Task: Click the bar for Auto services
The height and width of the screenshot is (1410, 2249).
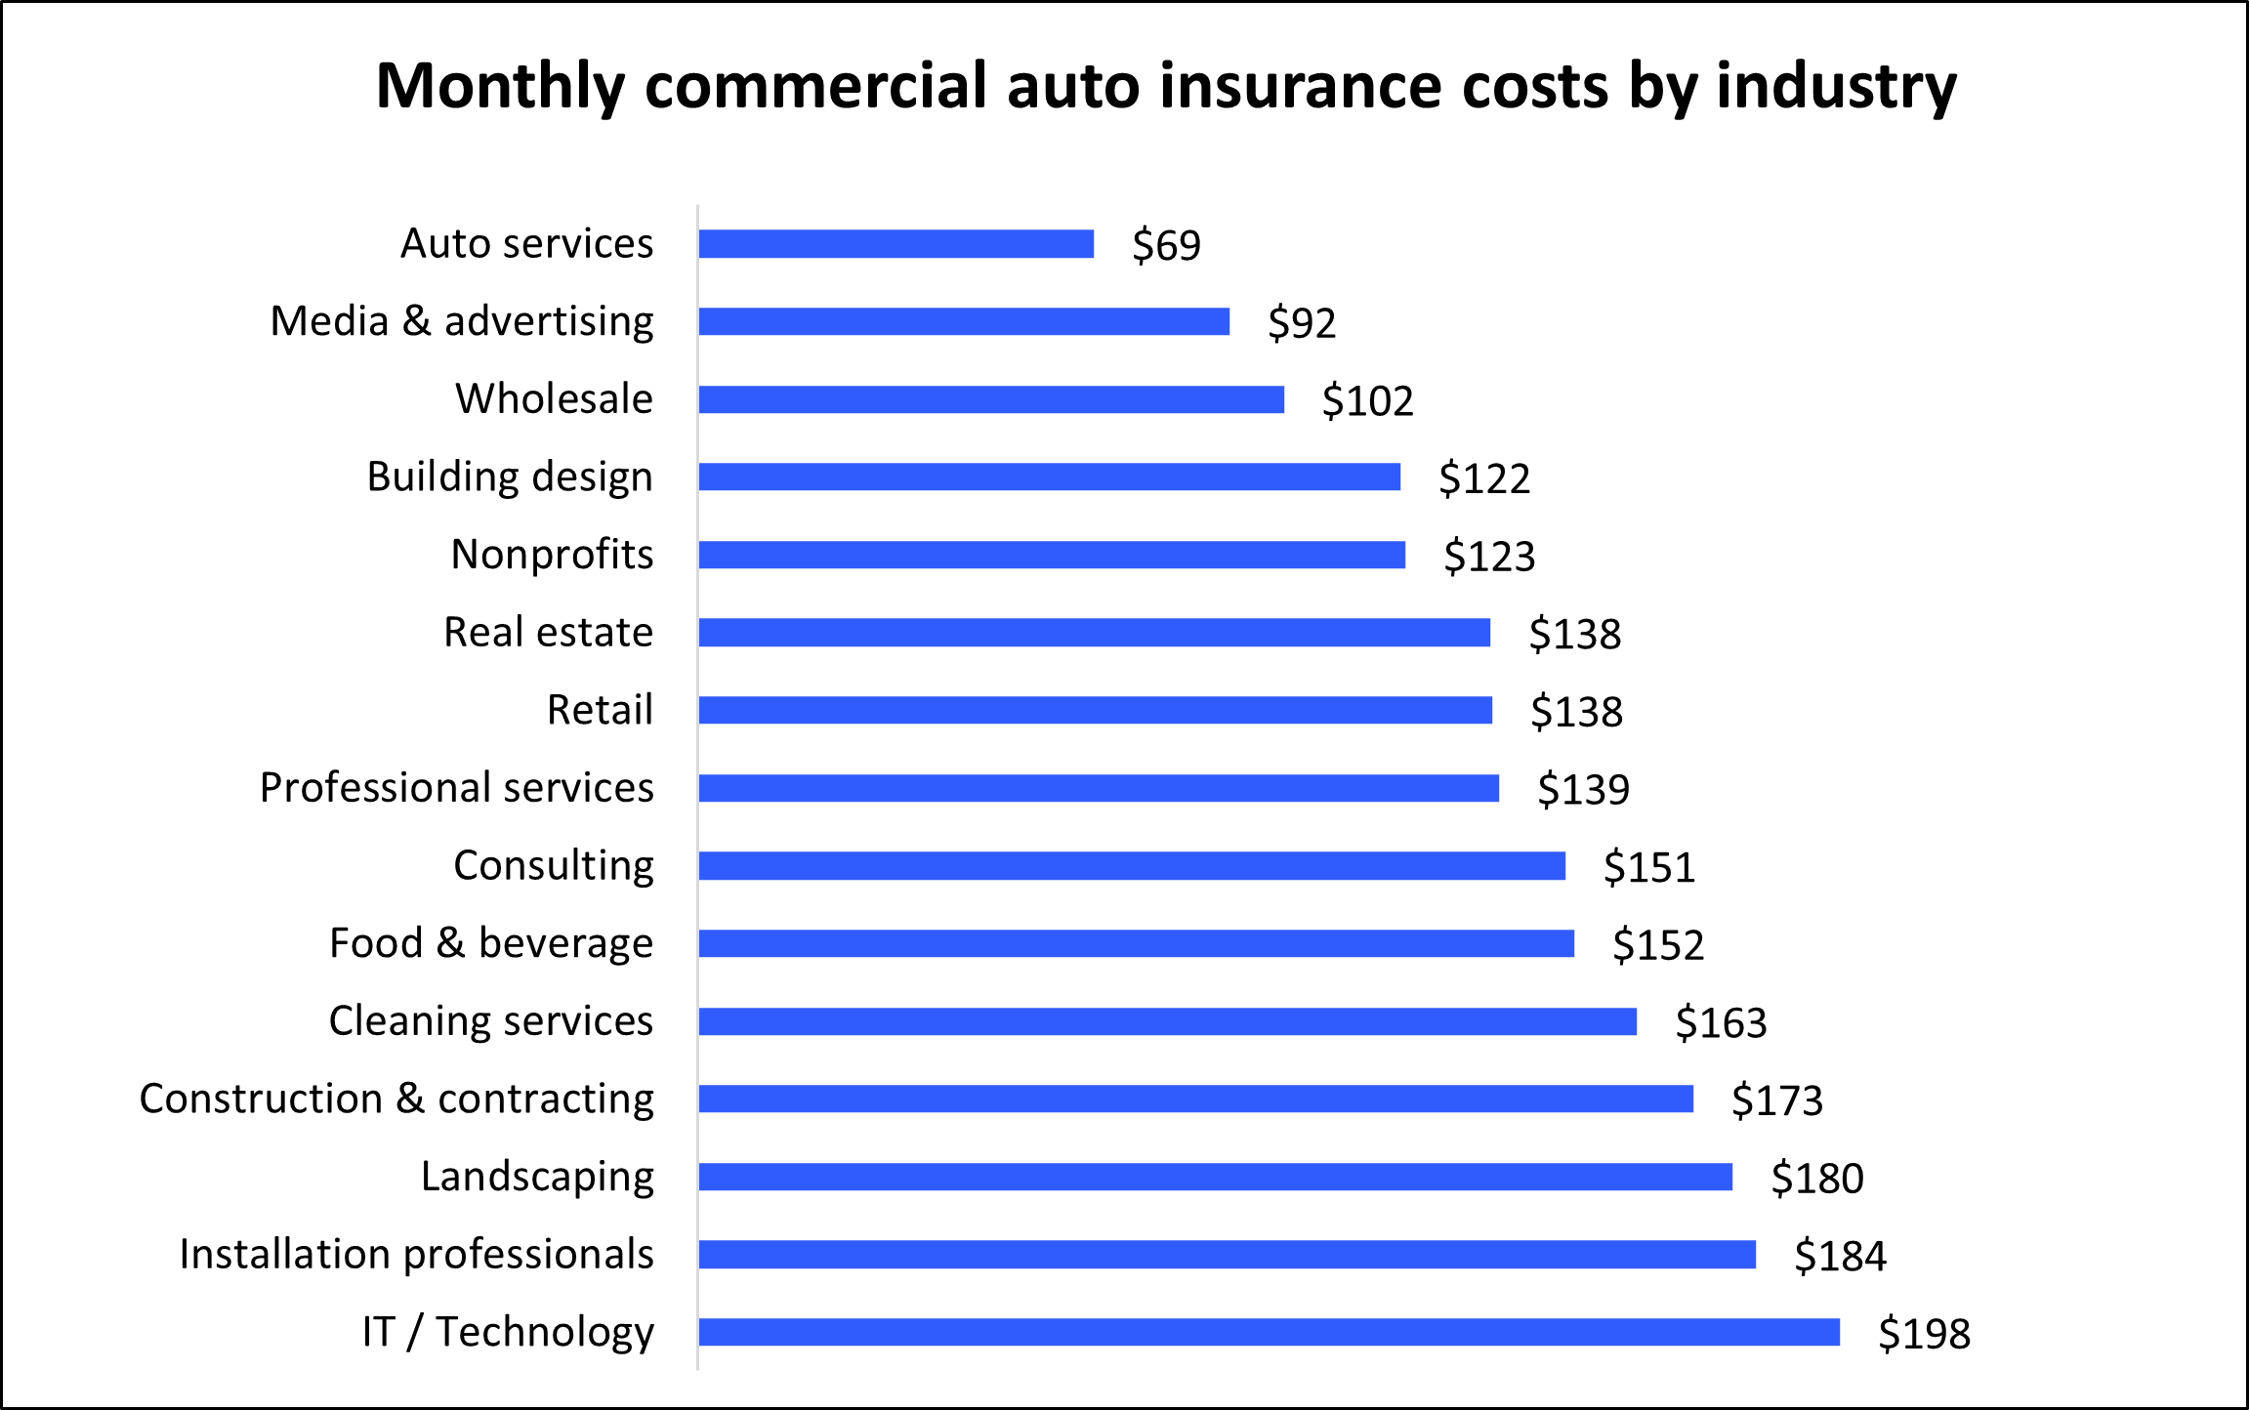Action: (x=895, y=244)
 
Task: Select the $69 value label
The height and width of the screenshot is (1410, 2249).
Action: (x=1166, y=245)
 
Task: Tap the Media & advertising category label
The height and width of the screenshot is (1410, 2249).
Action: (x=461, y=321)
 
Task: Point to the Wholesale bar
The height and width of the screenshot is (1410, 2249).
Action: (x=990, y=399)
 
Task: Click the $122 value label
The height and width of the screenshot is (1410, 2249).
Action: (x=1483, y=478)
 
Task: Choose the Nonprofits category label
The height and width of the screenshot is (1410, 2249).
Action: (x=552, y=555)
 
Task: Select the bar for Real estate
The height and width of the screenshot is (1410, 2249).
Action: (x=1094, y=633)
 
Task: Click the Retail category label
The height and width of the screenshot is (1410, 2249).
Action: (x=599, y=710)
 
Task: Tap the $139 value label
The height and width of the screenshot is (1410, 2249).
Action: (x=1583, y=789)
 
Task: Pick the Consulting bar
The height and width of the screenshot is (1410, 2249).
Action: (x=1131, y=866)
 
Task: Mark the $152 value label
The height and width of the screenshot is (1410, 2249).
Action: (x=1657, y=945)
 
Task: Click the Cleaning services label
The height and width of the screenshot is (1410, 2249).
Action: (x=490, y=1021)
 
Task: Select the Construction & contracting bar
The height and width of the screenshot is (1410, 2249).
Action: (x=1195, y=1099)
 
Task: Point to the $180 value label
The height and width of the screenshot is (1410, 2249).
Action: (x=1816, y=1179)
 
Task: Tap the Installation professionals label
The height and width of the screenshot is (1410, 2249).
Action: (x=416, y=1255)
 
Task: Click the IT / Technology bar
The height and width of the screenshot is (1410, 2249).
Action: (x=1269, y=1332)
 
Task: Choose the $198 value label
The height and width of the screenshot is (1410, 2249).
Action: (x=1924, y=1334)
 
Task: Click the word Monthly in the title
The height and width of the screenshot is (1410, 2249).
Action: (x=499, y=88)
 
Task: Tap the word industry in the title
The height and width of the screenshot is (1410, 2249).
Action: (x=1836, y=88)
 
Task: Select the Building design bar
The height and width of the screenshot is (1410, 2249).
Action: (x=1049, y=477)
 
